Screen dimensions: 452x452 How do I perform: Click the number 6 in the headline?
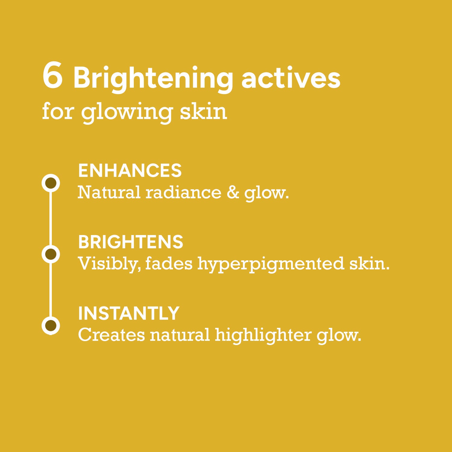tap(53, 76)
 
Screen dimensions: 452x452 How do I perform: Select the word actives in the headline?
tap(291, 78)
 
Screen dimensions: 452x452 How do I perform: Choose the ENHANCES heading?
tap(130, 171)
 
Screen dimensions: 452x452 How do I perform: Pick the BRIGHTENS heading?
tap(130, 242)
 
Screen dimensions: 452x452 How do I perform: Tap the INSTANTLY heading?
tap(129, 313)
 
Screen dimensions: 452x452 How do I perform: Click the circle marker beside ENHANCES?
tap(51, 183)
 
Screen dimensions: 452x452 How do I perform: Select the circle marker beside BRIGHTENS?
tap(51, 254)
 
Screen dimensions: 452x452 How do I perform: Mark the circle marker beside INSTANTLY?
tap(51, 325)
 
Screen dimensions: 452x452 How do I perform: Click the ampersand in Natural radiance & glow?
tap(233, 192)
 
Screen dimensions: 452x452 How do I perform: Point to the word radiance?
tap(184, 192)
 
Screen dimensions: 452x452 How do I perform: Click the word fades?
tap(169, 263)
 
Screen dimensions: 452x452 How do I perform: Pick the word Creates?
tap(111, 335)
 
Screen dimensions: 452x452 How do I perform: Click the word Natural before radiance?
tap(109, 192)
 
